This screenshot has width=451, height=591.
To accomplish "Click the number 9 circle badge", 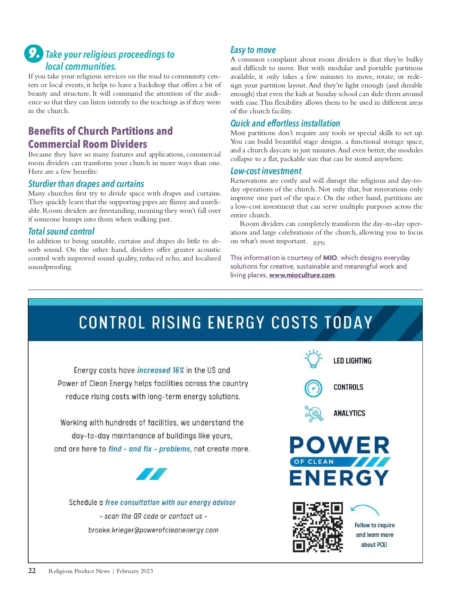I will point(34,53).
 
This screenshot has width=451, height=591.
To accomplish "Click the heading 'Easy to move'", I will point(253,50).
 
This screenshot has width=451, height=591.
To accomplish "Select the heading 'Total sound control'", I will point(61,231).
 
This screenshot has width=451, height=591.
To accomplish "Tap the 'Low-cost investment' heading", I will point(266,171).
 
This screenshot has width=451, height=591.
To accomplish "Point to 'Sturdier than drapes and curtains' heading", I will point(86,183).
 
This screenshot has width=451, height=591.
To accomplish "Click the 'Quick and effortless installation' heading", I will point(285,123).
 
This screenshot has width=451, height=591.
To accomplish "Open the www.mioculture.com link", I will point(302,275).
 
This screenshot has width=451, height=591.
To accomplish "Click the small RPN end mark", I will point(319,243).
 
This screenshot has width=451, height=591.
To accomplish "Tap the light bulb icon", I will point(313,359).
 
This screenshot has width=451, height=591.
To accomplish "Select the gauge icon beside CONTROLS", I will point(313,388).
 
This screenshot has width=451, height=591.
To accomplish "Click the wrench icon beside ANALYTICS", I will point(314,414).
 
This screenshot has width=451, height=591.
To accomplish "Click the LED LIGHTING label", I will point(352,361).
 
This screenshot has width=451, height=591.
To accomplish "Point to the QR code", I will point(318,527).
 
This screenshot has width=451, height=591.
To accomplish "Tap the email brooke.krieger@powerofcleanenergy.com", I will point(153,530).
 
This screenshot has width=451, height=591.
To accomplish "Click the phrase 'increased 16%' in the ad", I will point(160,370).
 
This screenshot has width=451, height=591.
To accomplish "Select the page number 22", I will point(32,571).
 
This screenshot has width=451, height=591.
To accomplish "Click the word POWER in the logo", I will point(339,445).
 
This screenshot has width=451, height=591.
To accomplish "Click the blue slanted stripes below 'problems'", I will point(151,474).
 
